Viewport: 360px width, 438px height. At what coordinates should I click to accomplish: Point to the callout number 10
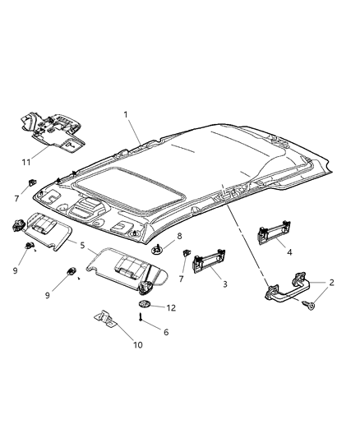[x=137, y=344]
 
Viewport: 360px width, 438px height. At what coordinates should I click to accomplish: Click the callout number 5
[x=81, y=244]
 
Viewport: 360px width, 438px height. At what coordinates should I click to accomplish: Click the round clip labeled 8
[x=158, y=249]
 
